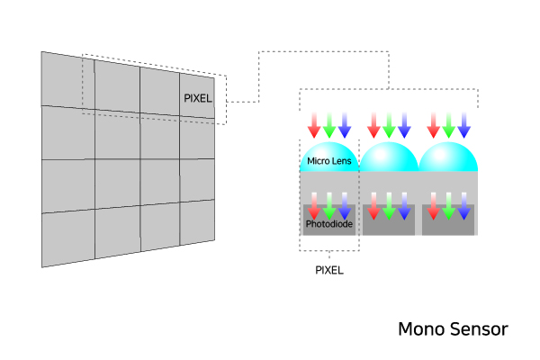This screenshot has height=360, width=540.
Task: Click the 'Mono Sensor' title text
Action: [x=453, y=329]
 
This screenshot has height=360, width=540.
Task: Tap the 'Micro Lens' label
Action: [x=328, y=161]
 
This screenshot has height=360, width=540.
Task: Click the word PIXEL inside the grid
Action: [x=198, y=98]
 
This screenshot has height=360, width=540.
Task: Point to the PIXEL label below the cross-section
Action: [x=328, y=269]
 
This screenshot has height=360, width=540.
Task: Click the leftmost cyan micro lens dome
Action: [x=328, y=156]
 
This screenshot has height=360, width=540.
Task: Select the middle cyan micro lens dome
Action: [x=389, y=157]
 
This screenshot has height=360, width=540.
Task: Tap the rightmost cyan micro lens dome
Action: [x=448, y=157]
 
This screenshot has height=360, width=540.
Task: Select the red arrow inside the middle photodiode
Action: [x=373, y=205]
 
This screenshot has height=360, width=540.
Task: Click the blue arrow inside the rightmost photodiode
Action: [x=463, y=205]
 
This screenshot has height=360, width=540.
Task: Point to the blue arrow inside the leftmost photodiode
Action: [x=344, y=205]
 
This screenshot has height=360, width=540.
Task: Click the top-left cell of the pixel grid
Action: [x=66, y=79]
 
